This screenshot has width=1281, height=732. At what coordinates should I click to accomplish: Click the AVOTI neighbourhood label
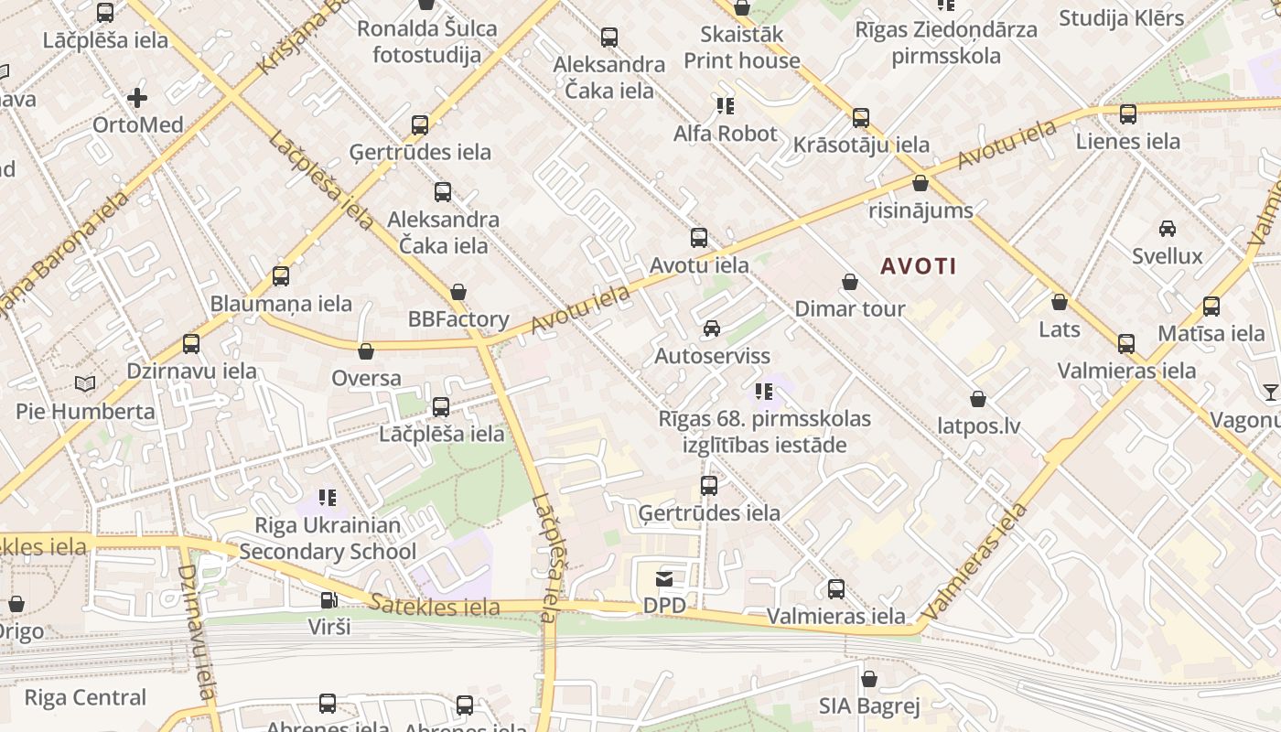(919, 266)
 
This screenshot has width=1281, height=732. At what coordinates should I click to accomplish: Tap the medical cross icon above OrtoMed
(137, 97)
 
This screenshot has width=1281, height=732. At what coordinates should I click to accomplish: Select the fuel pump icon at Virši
(328, 600)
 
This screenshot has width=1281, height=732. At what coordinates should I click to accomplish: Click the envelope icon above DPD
(664, 578)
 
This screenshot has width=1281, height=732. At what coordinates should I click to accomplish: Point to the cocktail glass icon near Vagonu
(1271, 393)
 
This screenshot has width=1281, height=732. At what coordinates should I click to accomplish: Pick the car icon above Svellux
(1168, 228)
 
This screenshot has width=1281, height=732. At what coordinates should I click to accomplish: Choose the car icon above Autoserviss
(711, 328)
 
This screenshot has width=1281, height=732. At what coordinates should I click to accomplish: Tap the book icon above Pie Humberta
(85, 383)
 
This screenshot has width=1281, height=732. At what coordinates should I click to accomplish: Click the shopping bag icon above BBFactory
(458, 292)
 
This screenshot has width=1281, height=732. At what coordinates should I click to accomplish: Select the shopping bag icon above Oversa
(366, 350)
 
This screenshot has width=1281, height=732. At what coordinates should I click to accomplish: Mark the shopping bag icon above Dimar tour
(850, 282)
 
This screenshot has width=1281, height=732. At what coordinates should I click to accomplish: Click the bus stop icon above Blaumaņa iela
(281, 275)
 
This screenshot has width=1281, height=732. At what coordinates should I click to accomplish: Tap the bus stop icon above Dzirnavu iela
(191, 344)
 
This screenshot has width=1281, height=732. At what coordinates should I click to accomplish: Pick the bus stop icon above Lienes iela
(1128, 113)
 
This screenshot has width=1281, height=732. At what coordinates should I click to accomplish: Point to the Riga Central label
(85, 698)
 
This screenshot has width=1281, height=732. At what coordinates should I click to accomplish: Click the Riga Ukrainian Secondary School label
(328, 539)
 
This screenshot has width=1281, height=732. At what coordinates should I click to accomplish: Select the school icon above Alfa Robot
(726, 106)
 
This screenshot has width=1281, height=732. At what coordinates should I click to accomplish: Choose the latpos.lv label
(979, 426)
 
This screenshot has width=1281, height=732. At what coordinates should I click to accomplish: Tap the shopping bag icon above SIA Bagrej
(869, 679)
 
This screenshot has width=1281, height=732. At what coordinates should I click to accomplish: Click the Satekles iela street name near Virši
(436, 606)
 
